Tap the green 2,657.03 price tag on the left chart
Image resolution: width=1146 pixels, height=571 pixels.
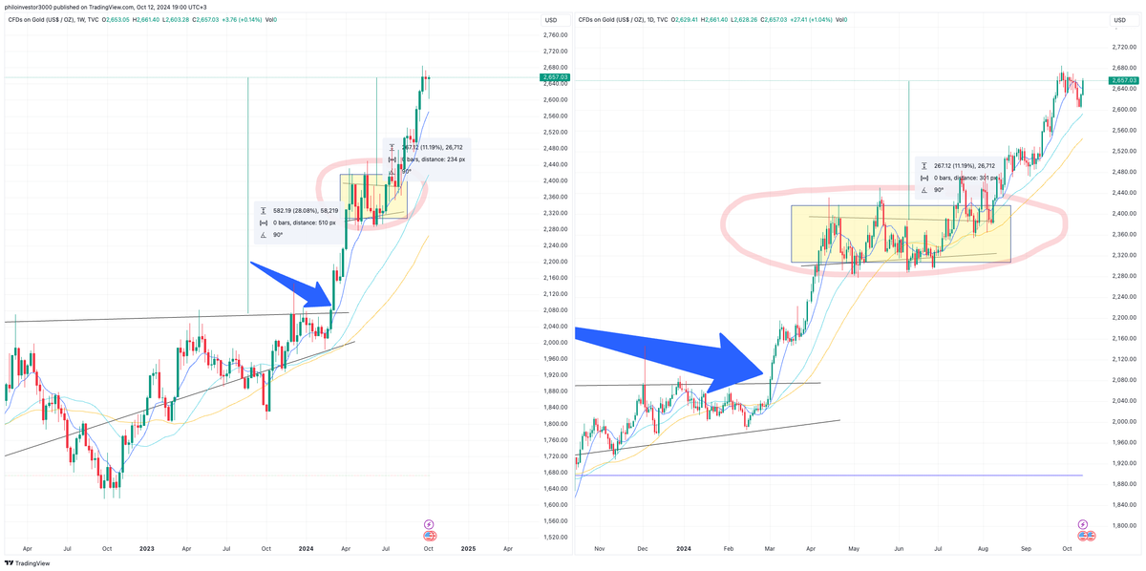(555, 77)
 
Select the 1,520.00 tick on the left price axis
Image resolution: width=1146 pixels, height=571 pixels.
(554, 538)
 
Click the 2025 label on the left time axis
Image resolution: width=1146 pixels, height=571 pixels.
(468, 549)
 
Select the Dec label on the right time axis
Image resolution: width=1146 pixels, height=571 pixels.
(642, 549)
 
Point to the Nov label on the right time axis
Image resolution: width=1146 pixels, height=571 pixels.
(600, 549)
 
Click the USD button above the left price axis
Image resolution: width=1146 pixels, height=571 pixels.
(550, 20)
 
